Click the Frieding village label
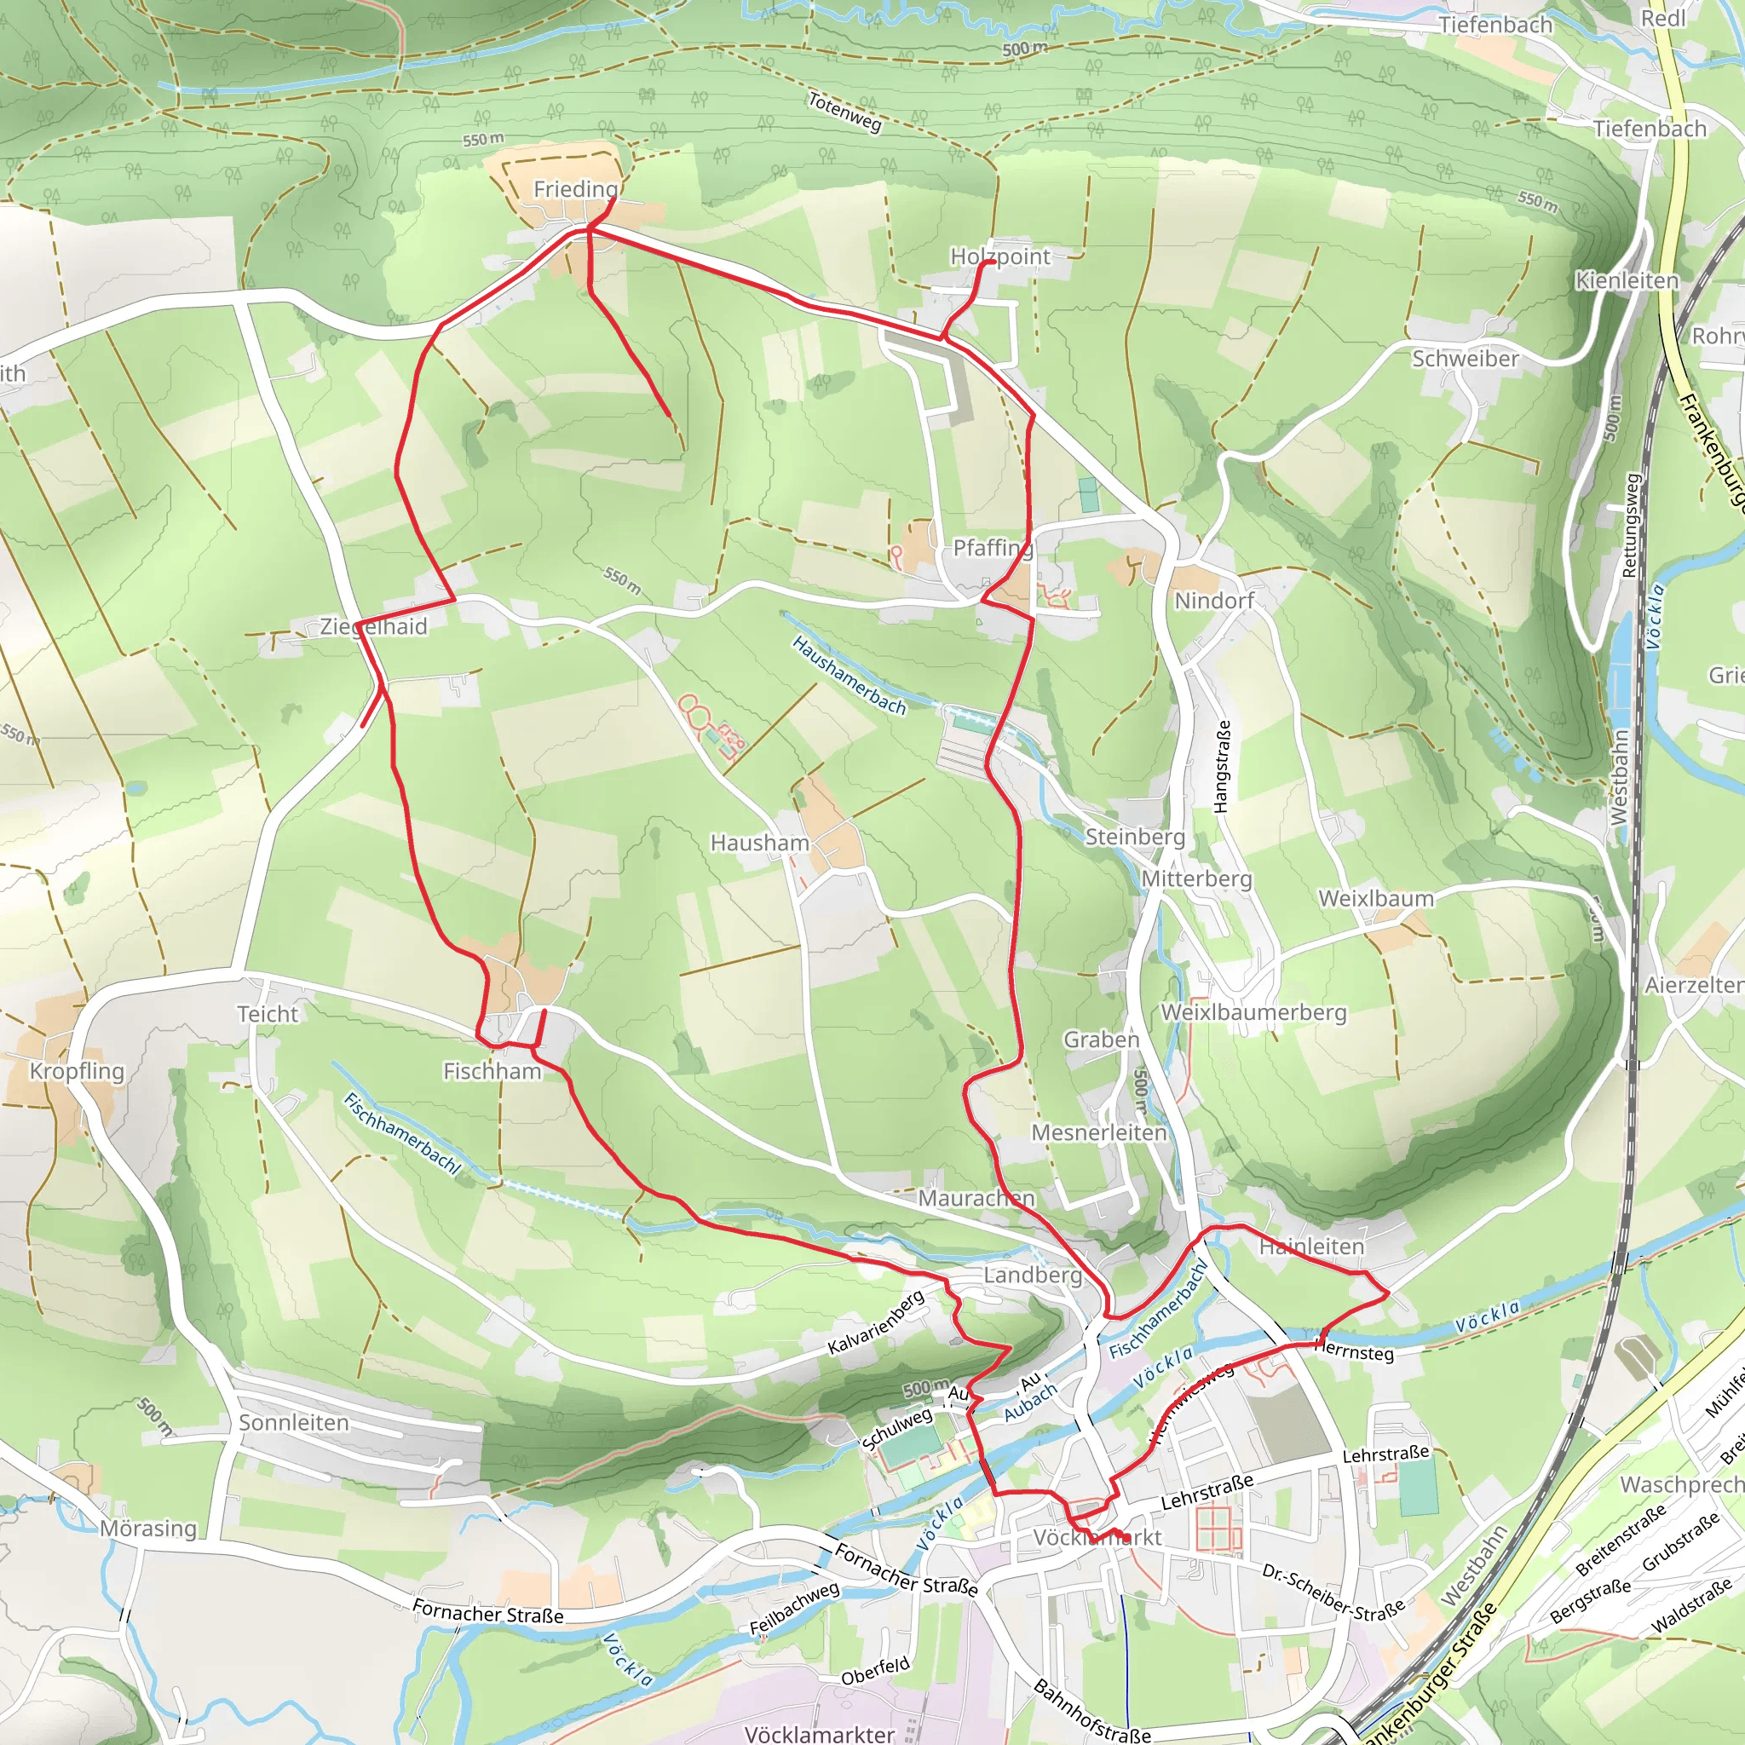575,190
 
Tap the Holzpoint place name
999,256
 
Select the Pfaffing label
993,548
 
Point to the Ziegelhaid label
373,626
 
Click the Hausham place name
759,843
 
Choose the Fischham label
492,1071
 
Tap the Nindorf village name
1214,601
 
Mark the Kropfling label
77,1071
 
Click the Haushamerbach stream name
848,675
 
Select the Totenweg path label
844,112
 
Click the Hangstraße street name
1223,766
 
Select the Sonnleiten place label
294,1423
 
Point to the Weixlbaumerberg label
1253,1012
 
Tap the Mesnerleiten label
1098,1132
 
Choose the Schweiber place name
1465,359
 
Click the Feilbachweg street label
794,1609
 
